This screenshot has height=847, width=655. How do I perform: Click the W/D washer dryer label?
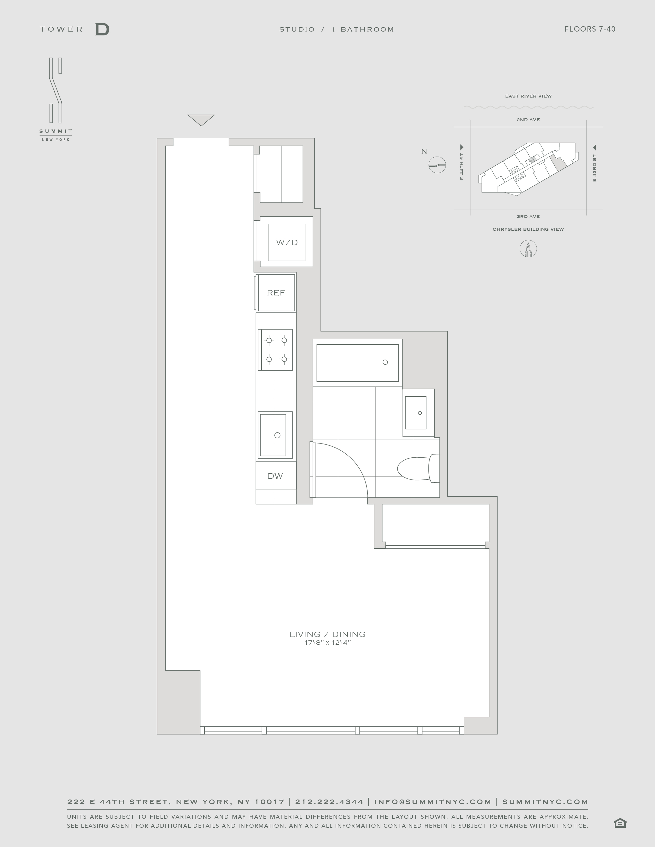point(287,242)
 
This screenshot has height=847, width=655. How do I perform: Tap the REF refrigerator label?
point(276,293)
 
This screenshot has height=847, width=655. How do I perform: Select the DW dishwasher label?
point(275,476)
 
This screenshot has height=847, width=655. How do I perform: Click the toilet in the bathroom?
point(418,468)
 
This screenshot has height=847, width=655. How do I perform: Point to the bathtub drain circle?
point(385,362)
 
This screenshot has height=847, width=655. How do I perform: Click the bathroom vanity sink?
point(416,413)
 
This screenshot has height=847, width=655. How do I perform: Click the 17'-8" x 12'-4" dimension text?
point(327,643)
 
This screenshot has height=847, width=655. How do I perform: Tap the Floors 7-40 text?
point(590,29)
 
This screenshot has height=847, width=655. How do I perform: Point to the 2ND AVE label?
point(528,120)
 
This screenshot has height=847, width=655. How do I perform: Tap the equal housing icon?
point(620,823)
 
